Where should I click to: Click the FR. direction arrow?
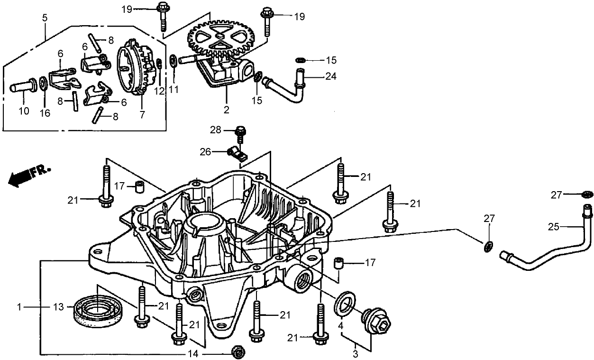tap(28, 175)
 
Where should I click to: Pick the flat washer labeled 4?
tap(346, 302)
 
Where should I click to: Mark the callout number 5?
tap(45, 18)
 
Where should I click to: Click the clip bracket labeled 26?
tap(236, 154)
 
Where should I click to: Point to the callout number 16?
tap(45, 111)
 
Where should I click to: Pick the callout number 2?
tap(227, 111)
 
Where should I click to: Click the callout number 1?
tap(19, 307)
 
